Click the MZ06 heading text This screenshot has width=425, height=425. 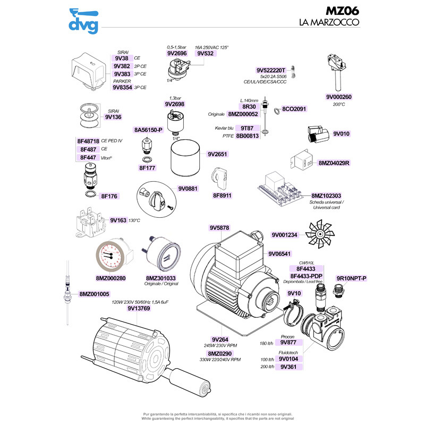342,11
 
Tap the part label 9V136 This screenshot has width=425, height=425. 113,117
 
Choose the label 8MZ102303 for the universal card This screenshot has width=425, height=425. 326,195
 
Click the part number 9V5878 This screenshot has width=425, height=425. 219,228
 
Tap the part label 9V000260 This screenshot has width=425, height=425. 339,97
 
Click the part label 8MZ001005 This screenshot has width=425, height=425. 94,294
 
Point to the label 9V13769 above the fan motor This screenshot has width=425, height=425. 138,308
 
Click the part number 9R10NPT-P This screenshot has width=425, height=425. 352,278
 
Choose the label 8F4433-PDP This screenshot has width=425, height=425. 307,275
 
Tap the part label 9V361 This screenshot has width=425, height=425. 287,367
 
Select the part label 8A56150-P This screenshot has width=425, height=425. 148,130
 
